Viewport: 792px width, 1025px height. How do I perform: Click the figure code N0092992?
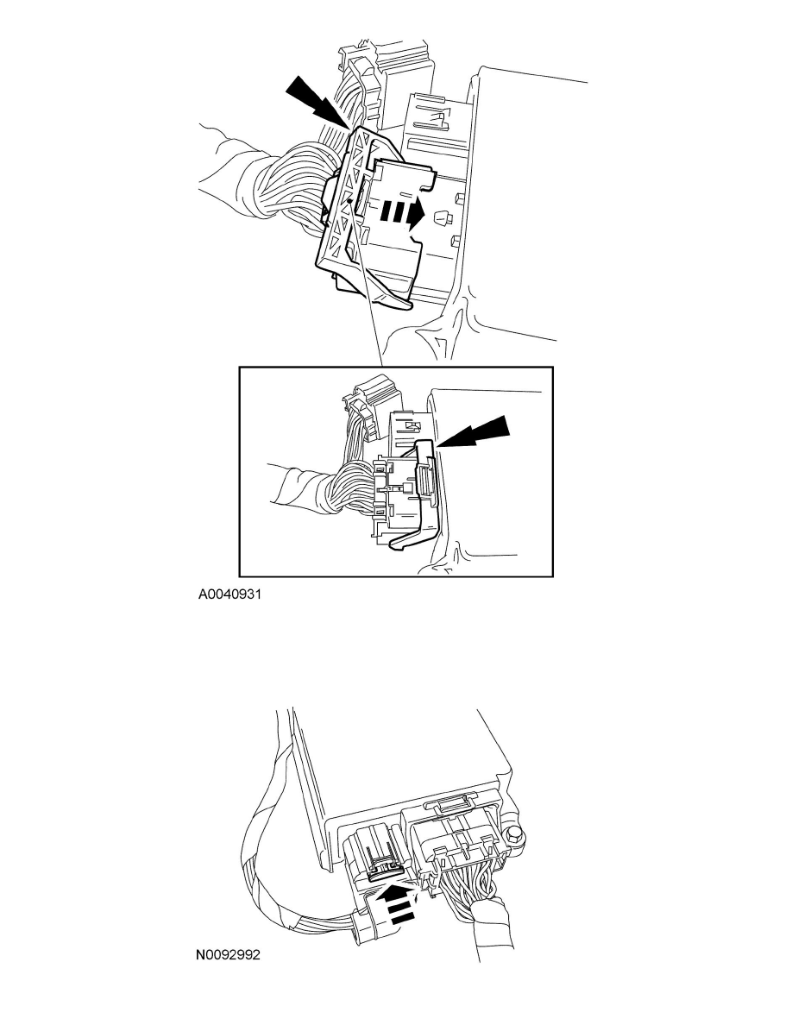(229, 955)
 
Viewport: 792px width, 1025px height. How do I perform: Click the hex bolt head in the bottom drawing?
(515, 836)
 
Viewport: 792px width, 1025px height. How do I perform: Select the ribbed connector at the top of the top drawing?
(363, 82)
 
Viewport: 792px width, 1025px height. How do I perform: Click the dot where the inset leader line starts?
(351, 204)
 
